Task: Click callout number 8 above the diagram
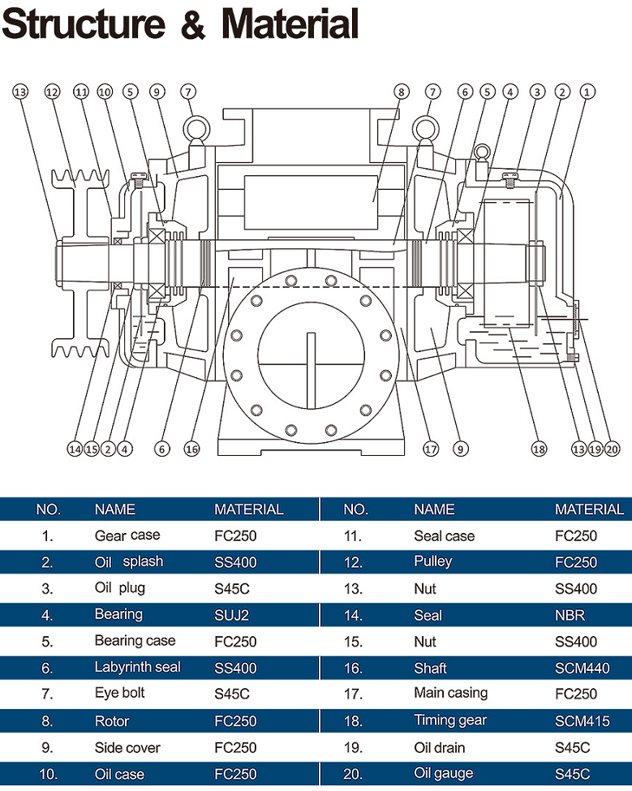pos(400,92)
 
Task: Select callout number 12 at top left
pos(52,92)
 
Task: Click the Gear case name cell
pos(127,535)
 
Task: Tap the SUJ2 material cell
pos(232,615)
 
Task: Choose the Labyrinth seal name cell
pos(138,668)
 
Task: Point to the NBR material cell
pos(570,615)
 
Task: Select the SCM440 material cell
pos(581,668)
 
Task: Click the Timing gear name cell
pos(450,720)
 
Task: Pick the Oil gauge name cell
pos(444,773)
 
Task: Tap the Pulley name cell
pos(432,561)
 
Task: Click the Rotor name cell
pos(112,720)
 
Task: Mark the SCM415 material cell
pos(581,720)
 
